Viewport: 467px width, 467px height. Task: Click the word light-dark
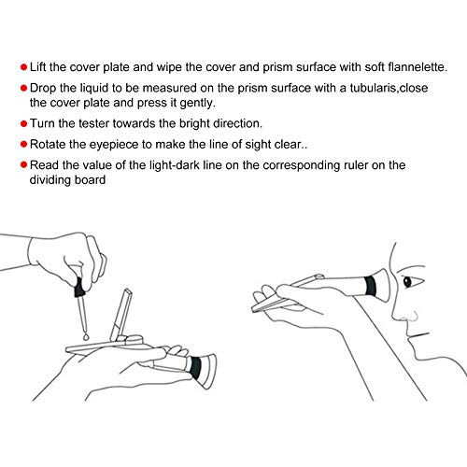[175, 165]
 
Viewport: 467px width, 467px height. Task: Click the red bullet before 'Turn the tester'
[23, 124]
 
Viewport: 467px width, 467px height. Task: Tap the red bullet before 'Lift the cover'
[23, 67]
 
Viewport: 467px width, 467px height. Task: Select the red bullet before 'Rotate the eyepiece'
[23, 145]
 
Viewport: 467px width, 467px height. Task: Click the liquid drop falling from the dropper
[86, 336]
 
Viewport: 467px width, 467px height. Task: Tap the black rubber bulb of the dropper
[79, 287]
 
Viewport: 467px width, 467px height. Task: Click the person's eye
[407, 282]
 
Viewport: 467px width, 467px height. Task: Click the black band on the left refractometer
[196, 368]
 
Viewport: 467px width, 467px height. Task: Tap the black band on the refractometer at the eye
[371, 286]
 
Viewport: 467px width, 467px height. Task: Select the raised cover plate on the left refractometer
[121, 315]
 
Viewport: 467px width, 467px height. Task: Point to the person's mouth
[418, 335]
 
